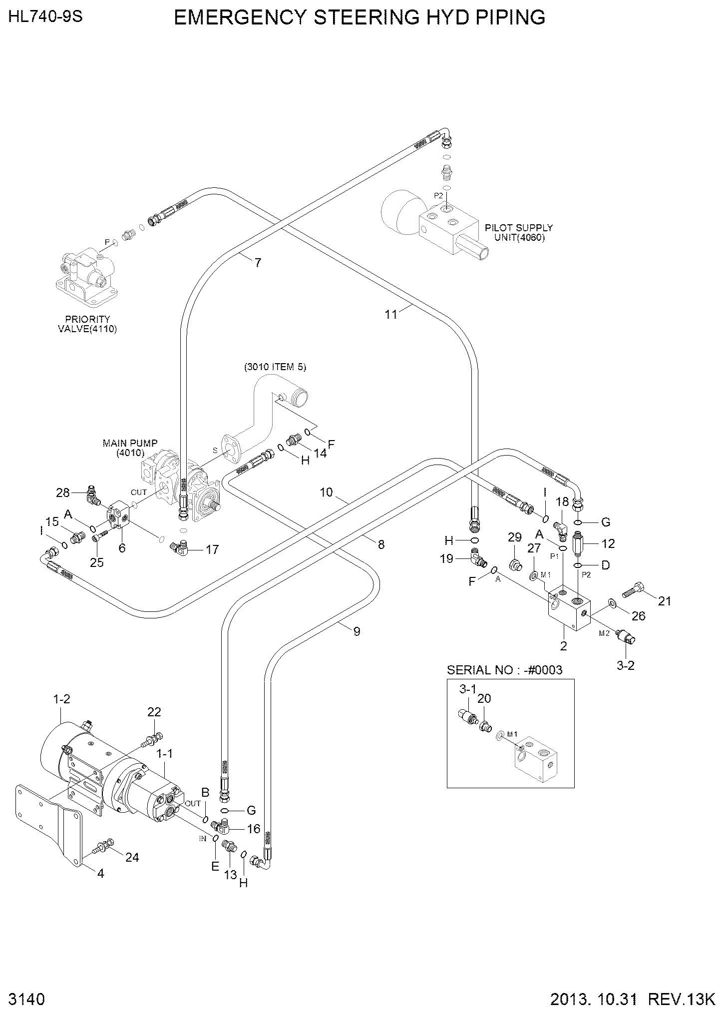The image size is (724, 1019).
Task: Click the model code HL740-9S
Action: pyautogui.click(x=45, y=17)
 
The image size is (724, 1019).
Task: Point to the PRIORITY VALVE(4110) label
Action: pyautogui.click(x=87, y=324)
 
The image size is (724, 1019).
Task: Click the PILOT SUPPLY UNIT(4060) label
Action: pyautogui.click(x=519, y=232)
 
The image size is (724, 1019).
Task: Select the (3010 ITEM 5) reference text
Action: pyautogui.click(x=275, y=367)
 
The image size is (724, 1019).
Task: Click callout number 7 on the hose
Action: pyautogui.click(x=258, y=262)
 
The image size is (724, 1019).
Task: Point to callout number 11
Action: pyautogui.click(x=391, y=314)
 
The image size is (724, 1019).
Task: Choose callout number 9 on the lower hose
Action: pyautogui.click(x=357, y=631)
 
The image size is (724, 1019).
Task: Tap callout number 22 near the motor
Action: pyautogui.click(x=154, y=711)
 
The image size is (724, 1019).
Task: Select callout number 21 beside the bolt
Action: pyautogui.click(x=664, y=601)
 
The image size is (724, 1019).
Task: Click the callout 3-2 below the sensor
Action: pyautogui.click(x=626, y=665)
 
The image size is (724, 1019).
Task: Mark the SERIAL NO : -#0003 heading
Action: pyautogui.click(x=504, y=670)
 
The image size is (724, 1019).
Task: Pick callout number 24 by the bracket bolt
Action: pyautogui.click(x=132, y=857)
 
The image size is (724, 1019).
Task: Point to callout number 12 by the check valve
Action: pyautogui.click(x=608, y=543)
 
